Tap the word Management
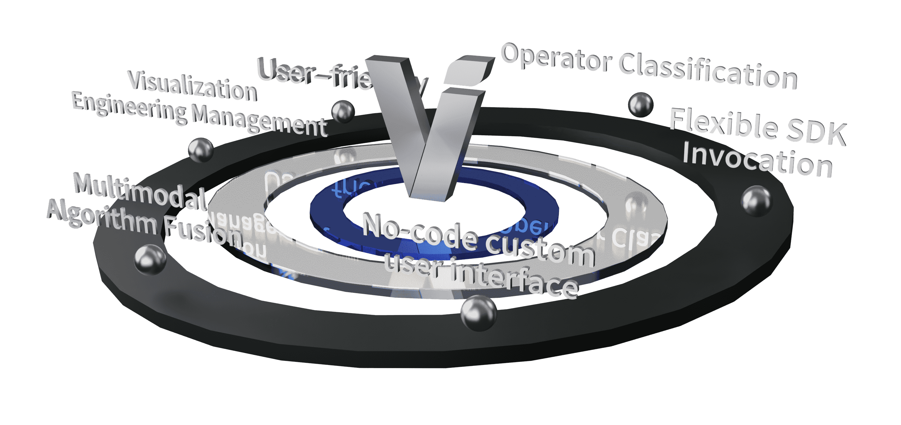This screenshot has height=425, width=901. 259,121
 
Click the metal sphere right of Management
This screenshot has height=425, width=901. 343,111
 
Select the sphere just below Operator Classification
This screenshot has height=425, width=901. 640,104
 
